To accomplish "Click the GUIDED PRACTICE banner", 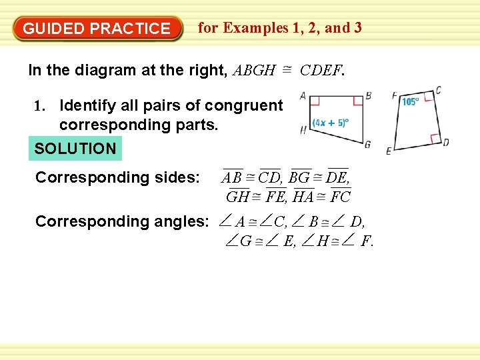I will click(x=97, y=29).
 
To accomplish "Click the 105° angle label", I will click(x=410, y=102).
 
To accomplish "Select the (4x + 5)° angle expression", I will click(x=331, y=123).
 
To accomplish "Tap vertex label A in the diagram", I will click(x=303, y=96).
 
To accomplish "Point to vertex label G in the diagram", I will click(x=367, y=145).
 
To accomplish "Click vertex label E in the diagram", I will click(x=389, y=151).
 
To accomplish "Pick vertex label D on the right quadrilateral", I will click(x=445, y=143).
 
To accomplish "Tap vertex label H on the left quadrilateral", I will click(x=303, y=131).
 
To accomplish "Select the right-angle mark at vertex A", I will click(x=316, y=101).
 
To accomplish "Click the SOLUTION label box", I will click(x=75, y=149).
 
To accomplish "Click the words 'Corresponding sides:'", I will click(x=117, y=177).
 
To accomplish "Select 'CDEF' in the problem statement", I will click(x=321, y=70).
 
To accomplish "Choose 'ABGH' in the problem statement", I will click(x=254, y=70).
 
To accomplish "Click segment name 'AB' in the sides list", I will click(x=232, y=179).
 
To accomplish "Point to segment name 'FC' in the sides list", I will click(x=340, y=197).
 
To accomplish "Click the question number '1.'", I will click(x=42, y=105).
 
